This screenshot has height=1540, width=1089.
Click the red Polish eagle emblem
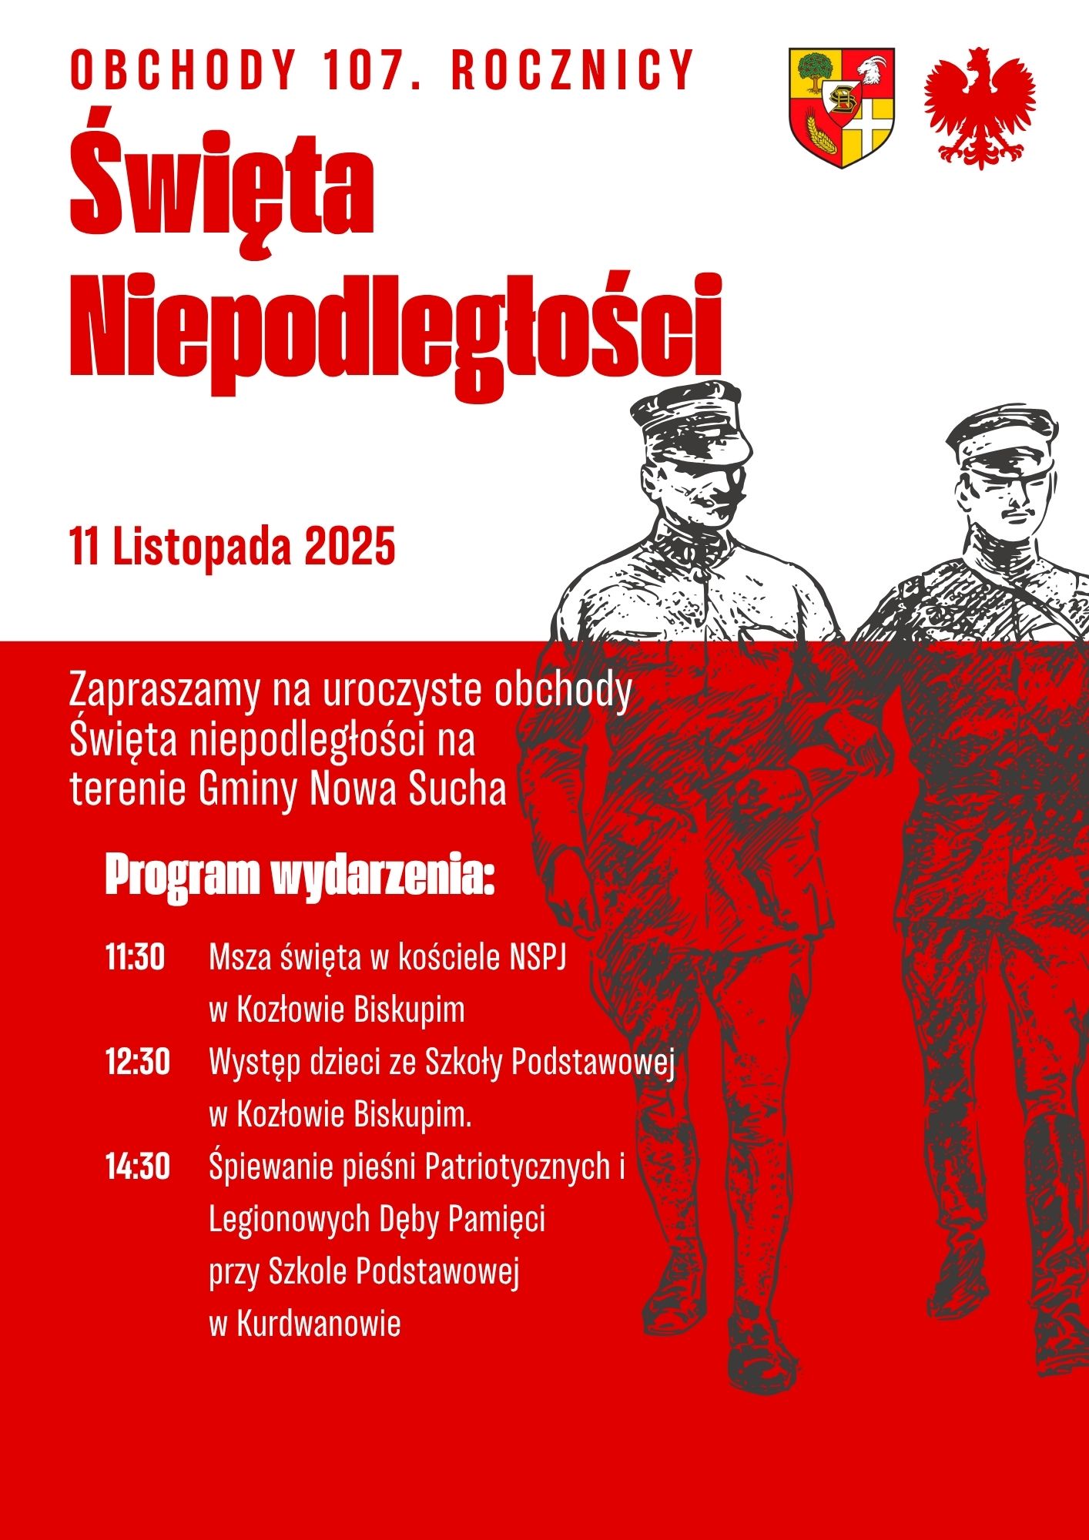click(980, 108)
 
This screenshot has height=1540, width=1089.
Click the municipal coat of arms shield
click(842, 108)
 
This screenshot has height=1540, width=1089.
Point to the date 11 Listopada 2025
click(233, 547)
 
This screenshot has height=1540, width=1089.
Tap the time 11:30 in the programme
click(136, 957)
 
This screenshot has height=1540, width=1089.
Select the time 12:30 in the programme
click(137, 1063)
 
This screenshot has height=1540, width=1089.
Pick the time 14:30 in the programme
click(137, 1167)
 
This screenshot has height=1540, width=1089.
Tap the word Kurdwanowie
click(319, 1324)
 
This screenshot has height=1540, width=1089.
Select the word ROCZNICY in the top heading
click(573, 70)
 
